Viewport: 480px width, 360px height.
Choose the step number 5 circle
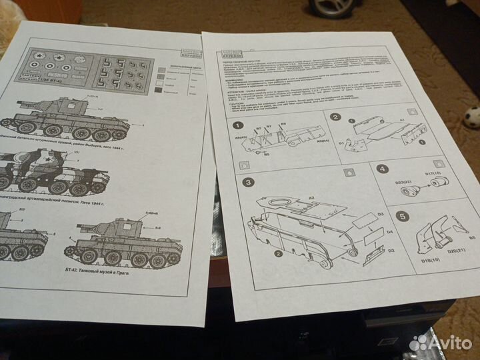click(x=402, y=216)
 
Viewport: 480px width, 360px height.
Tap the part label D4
click(x=389, y=233)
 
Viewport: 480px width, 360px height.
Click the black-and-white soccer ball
click(x=473, y=117)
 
